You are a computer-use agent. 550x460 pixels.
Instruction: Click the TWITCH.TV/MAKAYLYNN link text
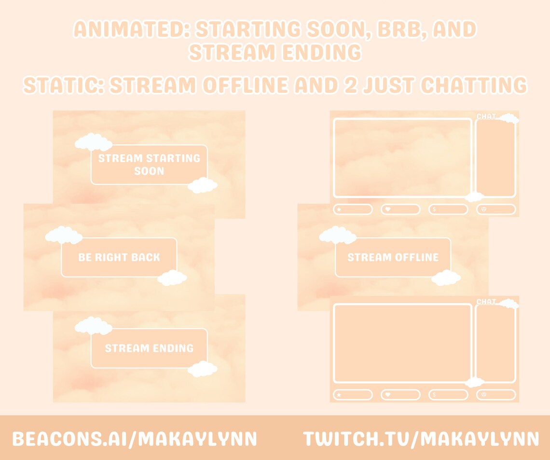[421, 439]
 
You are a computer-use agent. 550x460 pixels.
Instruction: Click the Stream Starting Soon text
[149, 165]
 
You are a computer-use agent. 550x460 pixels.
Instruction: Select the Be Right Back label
[119, 257]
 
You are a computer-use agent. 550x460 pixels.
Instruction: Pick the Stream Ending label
[149, 348]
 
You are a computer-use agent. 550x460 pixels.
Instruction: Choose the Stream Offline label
[393, 257]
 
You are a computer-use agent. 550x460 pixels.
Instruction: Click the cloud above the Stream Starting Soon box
[93, 142]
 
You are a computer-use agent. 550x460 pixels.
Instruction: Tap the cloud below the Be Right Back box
[172, 278]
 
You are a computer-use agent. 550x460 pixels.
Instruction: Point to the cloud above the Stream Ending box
[93, 326]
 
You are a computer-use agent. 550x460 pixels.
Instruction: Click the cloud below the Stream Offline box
[446, 278]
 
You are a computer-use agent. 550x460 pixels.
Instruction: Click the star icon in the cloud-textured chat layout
[339, 209]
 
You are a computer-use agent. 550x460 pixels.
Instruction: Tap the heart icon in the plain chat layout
[387, 395]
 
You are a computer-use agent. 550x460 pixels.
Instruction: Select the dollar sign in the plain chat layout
[434, 395]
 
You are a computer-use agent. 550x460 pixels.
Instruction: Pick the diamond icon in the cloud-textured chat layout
[484, 209]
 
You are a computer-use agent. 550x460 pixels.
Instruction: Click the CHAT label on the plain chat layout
[486, 302]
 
